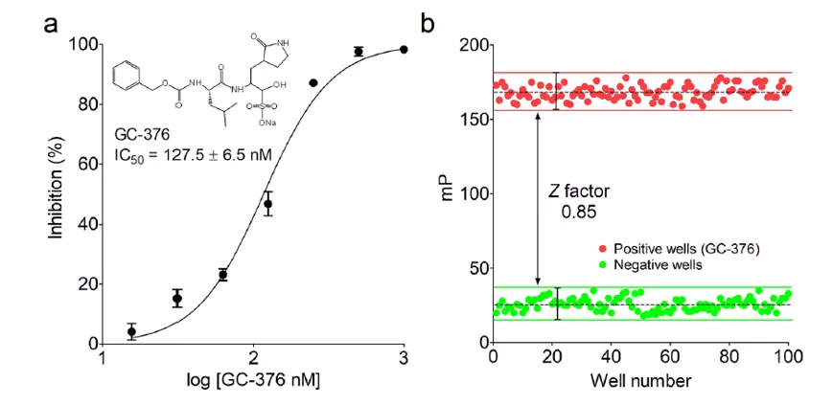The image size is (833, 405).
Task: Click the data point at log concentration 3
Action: pyautogui.click(x=404, y=49)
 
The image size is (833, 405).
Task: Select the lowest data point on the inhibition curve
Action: pyautogui.click(x=132, y=332)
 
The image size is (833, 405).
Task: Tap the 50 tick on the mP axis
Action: pyautogui.click(x=474, y=269)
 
